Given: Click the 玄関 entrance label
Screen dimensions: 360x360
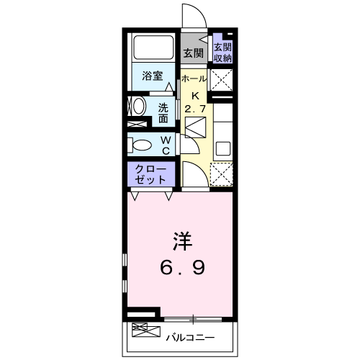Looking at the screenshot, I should coord(192,53).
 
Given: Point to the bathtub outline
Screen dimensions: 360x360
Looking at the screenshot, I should coord(152,49).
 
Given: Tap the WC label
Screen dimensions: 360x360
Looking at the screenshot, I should coord(165,144).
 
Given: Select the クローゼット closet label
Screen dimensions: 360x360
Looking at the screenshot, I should coord(151,174).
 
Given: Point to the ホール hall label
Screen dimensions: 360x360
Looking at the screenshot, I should coord(194,78).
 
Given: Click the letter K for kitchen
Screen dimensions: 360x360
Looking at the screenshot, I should coord(194,94).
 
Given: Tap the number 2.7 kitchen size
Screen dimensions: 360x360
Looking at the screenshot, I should coord(194,109).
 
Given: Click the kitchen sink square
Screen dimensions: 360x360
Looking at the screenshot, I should coord(222,150).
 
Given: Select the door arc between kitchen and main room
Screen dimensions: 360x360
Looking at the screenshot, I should coord(192,175).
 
